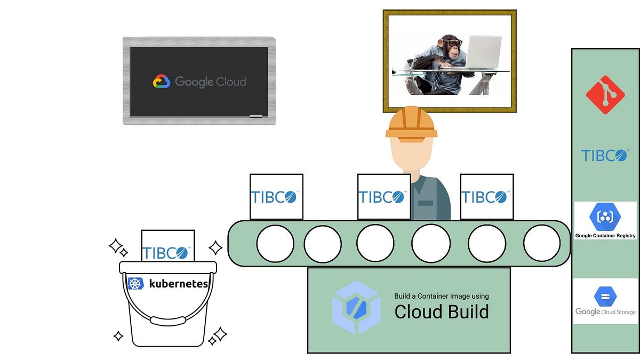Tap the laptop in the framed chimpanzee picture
[482, 52]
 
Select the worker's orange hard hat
[411, 124]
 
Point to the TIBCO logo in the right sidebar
[604, 155]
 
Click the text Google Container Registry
[605, 235]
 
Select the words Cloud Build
[441, 311]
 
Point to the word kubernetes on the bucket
[178, 284]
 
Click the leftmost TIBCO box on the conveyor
[276, 196]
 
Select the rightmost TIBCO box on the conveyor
[486, 196]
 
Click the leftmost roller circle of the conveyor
[275, 244]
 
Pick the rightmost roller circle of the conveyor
[542, 244]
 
